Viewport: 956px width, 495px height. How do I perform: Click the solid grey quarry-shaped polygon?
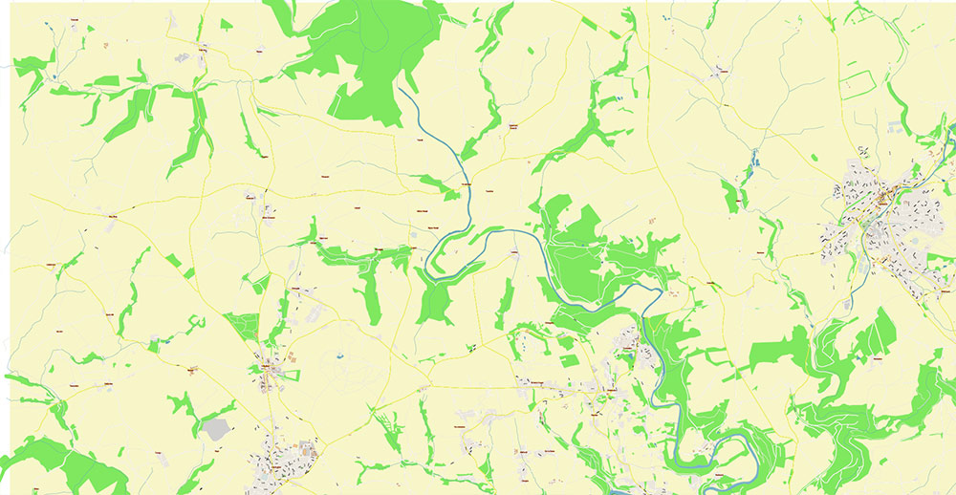[217, 429]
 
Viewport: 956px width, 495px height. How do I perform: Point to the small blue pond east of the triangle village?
[340, 356]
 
